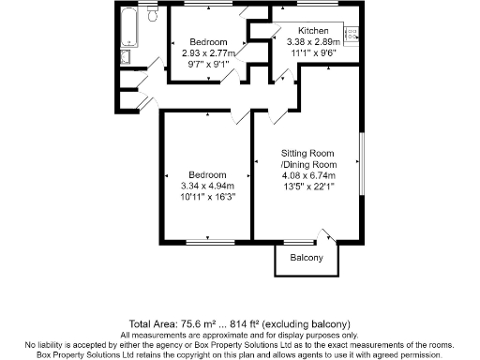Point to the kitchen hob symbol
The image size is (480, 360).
[x=355, y=36]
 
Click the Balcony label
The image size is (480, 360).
[x=306, y=258]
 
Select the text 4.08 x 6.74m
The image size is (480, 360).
[x=308, y=174]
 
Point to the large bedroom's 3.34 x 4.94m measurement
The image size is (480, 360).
[x=206, y=187]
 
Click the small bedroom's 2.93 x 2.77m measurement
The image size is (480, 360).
[x=208, y=54]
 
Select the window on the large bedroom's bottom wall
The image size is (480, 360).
[x=204, y=243]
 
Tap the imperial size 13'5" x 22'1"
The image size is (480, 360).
[x=308, y=187]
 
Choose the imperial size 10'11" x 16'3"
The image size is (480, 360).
[x=206, y=198]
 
